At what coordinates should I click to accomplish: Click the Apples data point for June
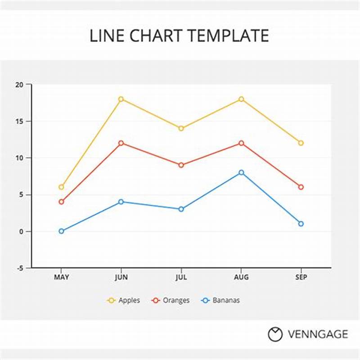tap(121, 99)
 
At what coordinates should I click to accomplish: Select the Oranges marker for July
tap(181, 165)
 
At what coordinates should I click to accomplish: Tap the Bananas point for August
tap(241, 172)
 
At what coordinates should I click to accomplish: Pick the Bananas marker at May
tap(61, 231)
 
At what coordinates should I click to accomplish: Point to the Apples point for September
tap(301, 143)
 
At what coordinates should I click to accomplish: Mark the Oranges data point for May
tap(61, 202)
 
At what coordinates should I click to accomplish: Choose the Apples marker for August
tap(241, 99)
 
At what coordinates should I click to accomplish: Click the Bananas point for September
tap(301, 224)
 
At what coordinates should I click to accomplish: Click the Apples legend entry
tap(124, 300)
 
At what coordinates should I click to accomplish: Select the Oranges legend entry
tap(171, 300)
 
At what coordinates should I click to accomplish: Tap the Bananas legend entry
tap(220, 300)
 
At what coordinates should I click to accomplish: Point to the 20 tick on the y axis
tap(18, 84)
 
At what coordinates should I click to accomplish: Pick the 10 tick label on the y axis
tap(18, 158)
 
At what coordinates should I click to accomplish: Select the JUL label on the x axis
tap(181, 277)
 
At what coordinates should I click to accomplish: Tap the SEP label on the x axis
tap(301, 277)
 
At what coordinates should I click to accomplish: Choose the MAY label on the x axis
tap(62, 277)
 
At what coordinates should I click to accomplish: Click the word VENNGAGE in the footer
tap(318, 334)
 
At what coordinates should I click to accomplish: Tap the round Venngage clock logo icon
tap(275, 334)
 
